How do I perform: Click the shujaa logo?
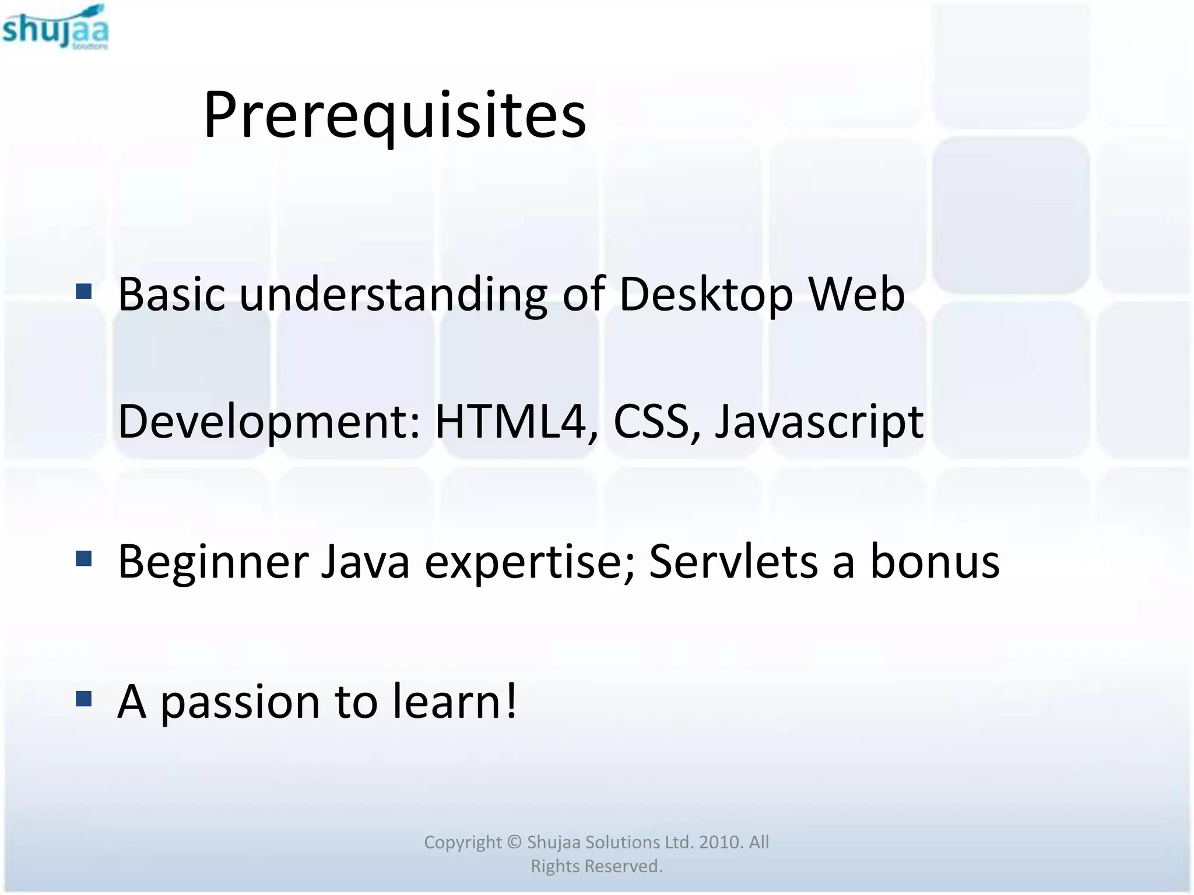55,27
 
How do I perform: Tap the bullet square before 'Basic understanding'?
84,291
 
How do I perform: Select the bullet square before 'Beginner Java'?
84,559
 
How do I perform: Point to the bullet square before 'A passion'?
84,698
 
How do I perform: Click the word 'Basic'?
171,294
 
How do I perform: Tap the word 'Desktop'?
705,295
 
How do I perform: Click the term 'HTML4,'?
517,421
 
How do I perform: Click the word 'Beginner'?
213,563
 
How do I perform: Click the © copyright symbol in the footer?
514,842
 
